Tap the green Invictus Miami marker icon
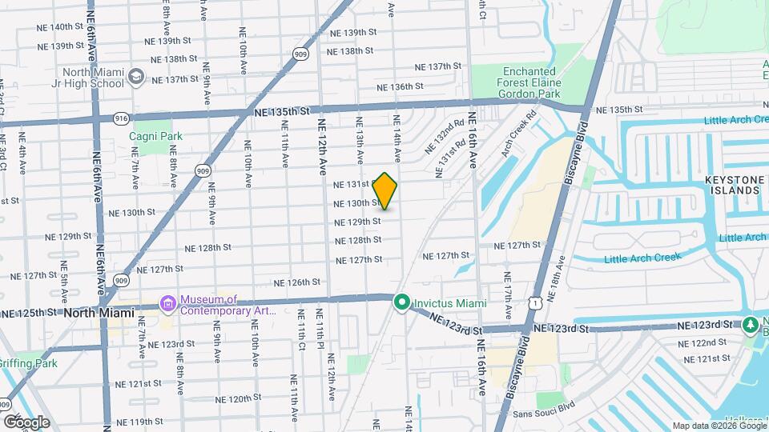pyautogui.click(x=402, y=303)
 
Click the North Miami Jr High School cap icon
pyautogui.click(x=135, y=77)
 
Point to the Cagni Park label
pyautogui.click(x=155, y=136)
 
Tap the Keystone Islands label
pyautogui.click(x=731, y=186)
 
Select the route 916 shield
pyautogui.click(x=122, y=118)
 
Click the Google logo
pyautogui.click(x=26, y=422)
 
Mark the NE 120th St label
pyautogui.click(x=228, y=398)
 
